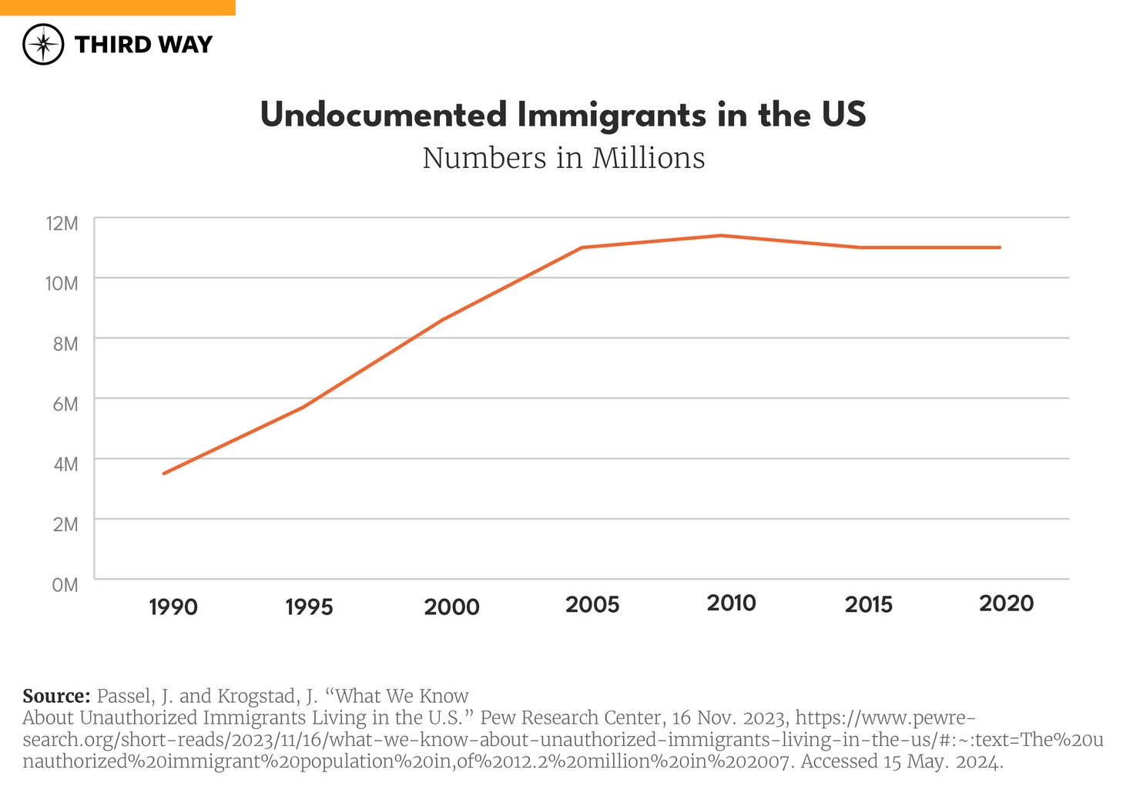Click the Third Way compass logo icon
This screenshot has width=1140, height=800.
coord(43,45)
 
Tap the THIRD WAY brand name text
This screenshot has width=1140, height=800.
coord(143,45)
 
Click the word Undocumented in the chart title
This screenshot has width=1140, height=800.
coord(384,115)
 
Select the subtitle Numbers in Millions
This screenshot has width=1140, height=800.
coord(563,158)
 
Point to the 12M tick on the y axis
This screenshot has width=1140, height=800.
coord(62,224)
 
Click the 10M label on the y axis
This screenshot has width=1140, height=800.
coord(62,284)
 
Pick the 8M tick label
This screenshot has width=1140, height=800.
coord(65,344)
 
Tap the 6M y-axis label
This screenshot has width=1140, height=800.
coord(65,404)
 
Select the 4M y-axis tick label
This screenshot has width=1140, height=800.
coord(65,464)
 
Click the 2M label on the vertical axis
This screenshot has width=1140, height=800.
coord(65,524)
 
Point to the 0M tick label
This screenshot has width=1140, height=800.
coord(65,585)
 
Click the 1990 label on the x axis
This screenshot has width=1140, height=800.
coord(173,607)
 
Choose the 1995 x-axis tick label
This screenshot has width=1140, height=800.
coord(309,607)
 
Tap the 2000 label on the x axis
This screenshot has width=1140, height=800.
coord(451,607)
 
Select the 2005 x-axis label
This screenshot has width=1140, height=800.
coord(592,604)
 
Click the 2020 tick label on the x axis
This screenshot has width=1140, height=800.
coord(1006,603)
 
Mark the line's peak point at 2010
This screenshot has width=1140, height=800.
coord(721,236)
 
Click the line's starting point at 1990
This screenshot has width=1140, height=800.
coord(164,473)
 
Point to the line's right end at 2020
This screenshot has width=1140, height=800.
coord(999,247)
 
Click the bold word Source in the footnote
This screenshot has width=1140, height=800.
coord(56,696)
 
